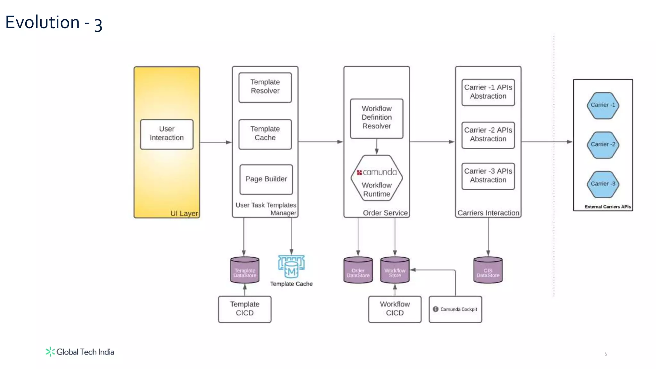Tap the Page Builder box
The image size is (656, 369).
266,179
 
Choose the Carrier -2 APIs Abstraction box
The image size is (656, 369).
488,135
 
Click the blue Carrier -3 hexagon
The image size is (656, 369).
603,184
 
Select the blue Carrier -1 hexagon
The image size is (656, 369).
603,105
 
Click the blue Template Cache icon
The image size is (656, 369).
291,266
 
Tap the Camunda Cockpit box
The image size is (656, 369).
455,309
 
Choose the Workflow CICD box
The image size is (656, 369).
395,309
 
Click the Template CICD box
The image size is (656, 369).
245,309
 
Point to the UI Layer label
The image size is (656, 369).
184,213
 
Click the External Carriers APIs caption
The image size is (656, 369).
607,207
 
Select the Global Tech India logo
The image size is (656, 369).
80,352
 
